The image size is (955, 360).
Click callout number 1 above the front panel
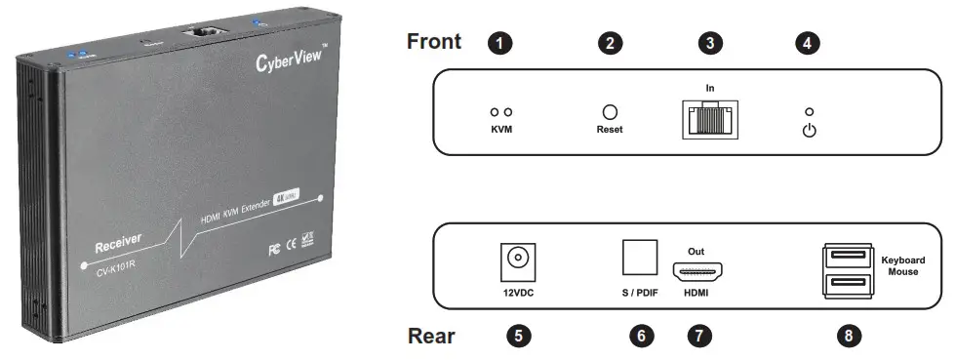pos(500,43)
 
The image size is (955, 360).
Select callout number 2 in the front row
pos(611,43)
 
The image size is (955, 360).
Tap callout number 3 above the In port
pos(711,43)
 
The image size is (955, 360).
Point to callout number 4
pos(809,43)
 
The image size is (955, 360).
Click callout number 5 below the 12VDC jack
pos(520,336)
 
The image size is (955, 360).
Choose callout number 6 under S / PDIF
pos(641,336)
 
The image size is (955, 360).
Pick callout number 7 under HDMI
pos(697,336)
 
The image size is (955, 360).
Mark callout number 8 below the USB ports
pos(851,336)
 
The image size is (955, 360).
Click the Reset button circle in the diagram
pos(611,113)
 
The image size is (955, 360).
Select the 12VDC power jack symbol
pos(520,260)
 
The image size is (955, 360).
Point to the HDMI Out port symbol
pos(698,271)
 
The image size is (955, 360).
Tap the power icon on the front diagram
pos(809,130)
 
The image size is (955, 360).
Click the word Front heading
pos(433,42)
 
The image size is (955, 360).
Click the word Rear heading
pos(430,336)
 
